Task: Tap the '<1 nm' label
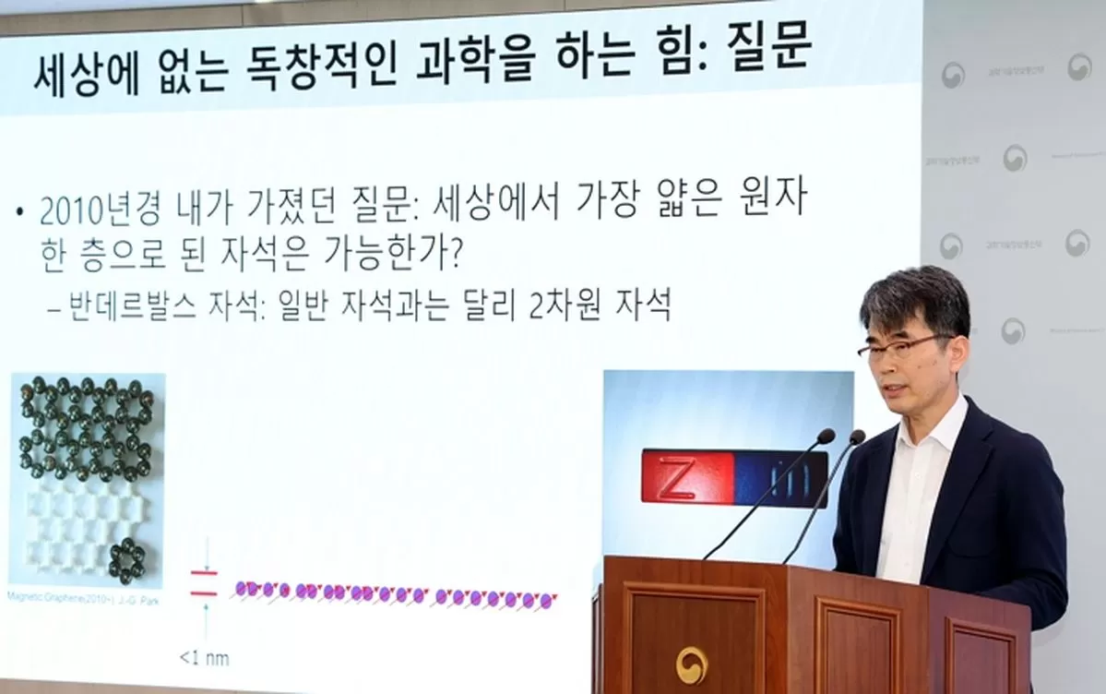(203, 659)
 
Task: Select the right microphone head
(857, 437)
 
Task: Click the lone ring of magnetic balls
(126, 557)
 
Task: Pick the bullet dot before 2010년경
(19, 212)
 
